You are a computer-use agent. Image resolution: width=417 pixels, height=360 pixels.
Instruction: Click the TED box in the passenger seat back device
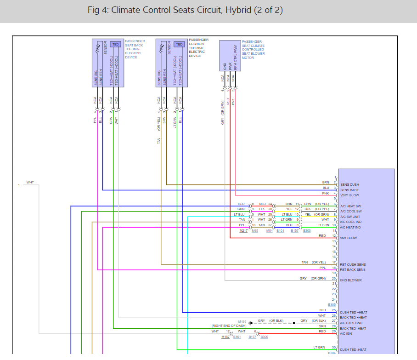point(116,44)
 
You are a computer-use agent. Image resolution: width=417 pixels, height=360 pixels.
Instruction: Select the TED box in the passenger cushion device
point(179,44)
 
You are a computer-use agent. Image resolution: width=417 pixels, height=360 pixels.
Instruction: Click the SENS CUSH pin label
point(349,185)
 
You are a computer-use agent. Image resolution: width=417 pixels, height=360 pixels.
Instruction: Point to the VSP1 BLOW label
point(349,195)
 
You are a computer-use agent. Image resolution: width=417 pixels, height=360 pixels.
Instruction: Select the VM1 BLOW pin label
point(349,238)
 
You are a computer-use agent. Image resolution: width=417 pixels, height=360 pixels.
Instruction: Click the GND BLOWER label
point(351,280)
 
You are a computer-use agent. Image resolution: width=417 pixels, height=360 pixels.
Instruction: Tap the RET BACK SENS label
point(353,270)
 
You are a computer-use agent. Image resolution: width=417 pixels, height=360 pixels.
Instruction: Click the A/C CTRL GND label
point(351,323)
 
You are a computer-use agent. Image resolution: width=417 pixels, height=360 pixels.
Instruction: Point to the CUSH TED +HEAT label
point(353,313)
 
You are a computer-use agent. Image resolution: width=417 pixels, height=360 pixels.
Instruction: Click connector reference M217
point(244,230)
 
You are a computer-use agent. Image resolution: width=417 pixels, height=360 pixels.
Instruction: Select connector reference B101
point(280,230)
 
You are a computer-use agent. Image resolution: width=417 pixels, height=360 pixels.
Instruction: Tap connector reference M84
point(269,230)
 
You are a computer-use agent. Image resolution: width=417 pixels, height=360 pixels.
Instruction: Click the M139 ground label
point(242,321)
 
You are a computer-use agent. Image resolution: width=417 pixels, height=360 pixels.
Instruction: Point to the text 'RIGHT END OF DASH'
point(228,326)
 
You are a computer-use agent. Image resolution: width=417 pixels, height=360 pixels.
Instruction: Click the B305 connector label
point(332,305)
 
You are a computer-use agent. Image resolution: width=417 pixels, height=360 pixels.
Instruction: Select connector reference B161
point(237,337)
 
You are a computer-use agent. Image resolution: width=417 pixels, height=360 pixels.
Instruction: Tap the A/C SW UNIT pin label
point(350,217)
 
